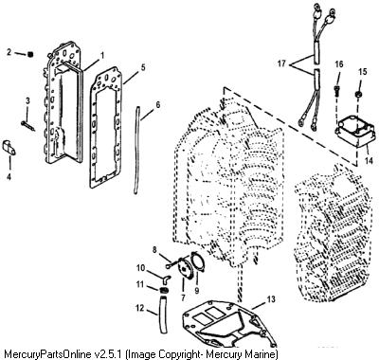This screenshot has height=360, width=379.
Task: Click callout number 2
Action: click(9, 52)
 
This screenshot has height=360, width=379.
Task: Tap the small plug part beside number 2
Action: click(30, 54)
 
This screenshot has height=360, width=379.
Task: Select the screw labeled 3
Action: click(28, 125)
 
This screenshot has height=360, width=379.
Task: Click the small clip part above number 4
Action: click(9, 148)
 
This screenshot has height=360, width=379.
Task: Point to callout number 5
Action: click(143, 67)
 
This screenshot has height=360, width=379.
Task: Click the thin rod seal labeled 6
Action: click(137, 151)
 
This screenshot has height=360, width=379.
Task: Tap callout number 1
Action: click(102, 56)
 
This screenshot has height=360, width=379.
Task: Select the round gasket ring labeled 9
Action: click(197, 261)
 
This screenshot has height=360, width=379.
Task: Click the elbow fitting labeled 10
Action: click(168, 278)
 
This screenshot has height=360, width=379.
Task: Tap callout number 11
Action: click(140, 285)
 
